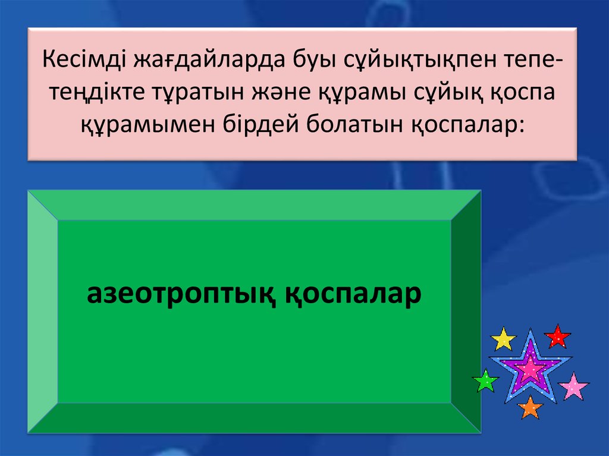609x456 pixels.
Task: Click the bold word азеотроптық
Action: click(180, 294)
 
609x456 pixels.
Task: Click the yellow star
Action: click(503, 339)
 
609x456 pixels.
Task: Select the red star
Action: click(557, 337)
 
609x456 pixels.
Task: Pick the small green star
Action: click(486, 381)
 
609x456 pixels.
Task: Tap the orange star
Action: click(529, 407)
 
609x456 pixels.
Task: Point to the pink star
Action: click(573, 386)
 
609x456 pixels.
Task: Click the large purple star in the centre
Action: click(530, 369)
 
